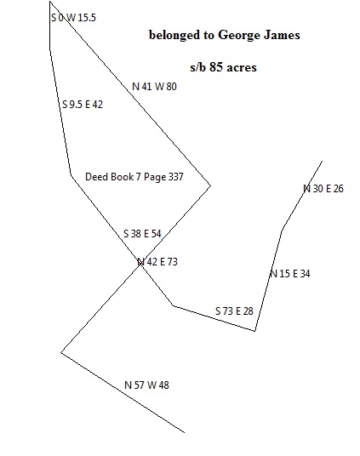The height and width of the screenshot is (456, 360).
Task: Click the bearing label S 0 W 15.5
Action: coord(73,18)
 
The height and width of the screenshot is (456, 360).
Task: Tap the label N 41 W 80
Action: coord(154,87)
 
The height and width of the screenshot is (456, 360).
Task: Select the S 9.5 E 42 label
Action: coord(83,104)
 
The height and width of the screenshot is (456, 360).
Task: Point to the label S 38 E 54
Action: coord(142,233)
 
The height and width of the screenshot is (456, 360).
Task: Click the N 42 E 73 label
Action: coord(157,262)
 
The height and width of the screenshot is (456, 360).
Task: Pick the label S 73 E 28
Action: coord(234,311)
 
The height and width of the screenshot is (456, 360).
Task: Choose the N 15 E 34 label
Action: coord(290,274)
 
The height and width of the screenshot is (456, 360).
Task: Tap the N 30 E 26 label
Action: coord(323,189)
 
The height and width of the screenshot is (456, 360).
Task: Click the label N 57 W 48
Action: coord(146,385)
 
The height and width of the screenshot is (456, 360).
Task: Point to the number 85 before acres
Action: coord(216,67)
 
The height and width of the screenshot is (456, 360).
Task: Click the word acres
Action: coord(242,68)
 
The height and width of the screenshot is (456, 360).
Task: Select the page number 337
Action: coord(176,176)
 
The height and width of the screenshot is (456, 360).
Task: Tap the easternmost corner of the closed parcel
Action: coord(210,185)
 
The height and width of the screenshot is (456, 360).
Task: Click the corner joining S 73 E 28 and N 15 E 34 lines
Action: coord(255,331)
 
